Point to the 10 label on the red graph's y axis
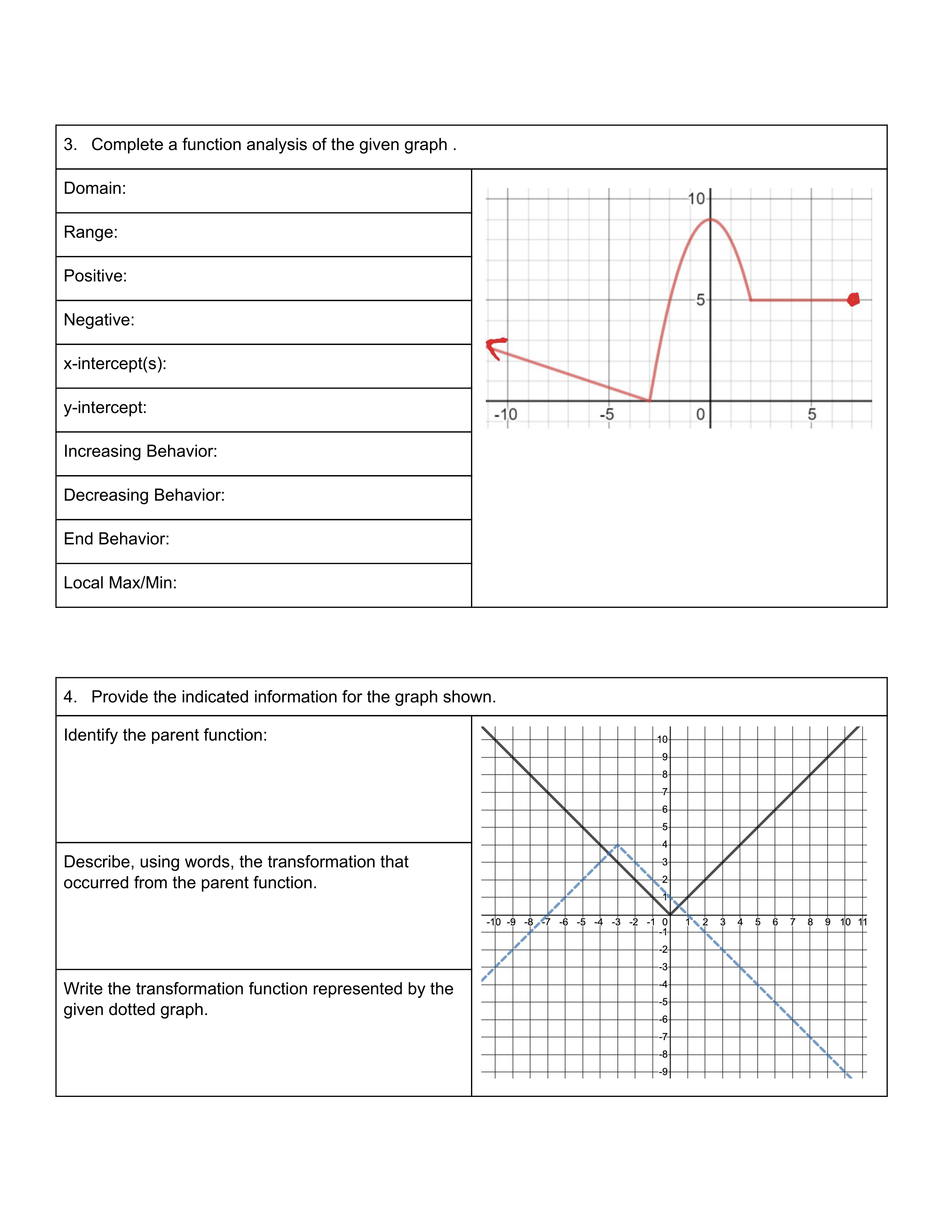(696, 199)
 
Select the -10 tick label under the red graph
(506, 414)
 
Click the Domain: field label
(95, 189)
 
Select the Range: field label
(91, 232)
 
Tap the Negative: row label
(99, 320)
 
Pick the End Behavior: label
(116, 539)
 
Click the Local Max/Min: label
(120, 583)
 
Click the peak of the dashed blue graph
(618, 845)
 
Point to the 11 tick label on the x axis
(863, 922)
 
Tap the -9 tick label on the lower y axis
(663, 1072)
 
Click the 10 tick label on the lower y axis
(662, 740)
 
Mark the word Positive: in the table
(95, 276)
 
